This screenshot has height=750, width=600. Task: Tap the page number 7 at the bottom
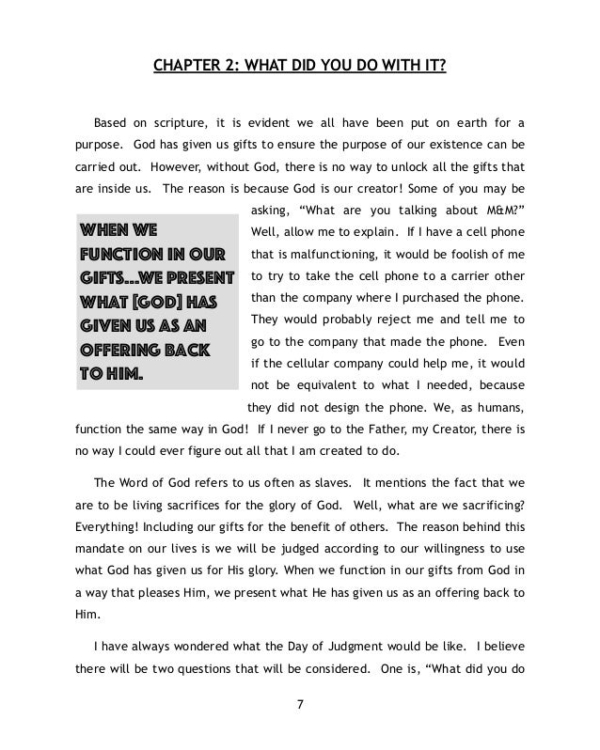[x=300, y=726]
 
